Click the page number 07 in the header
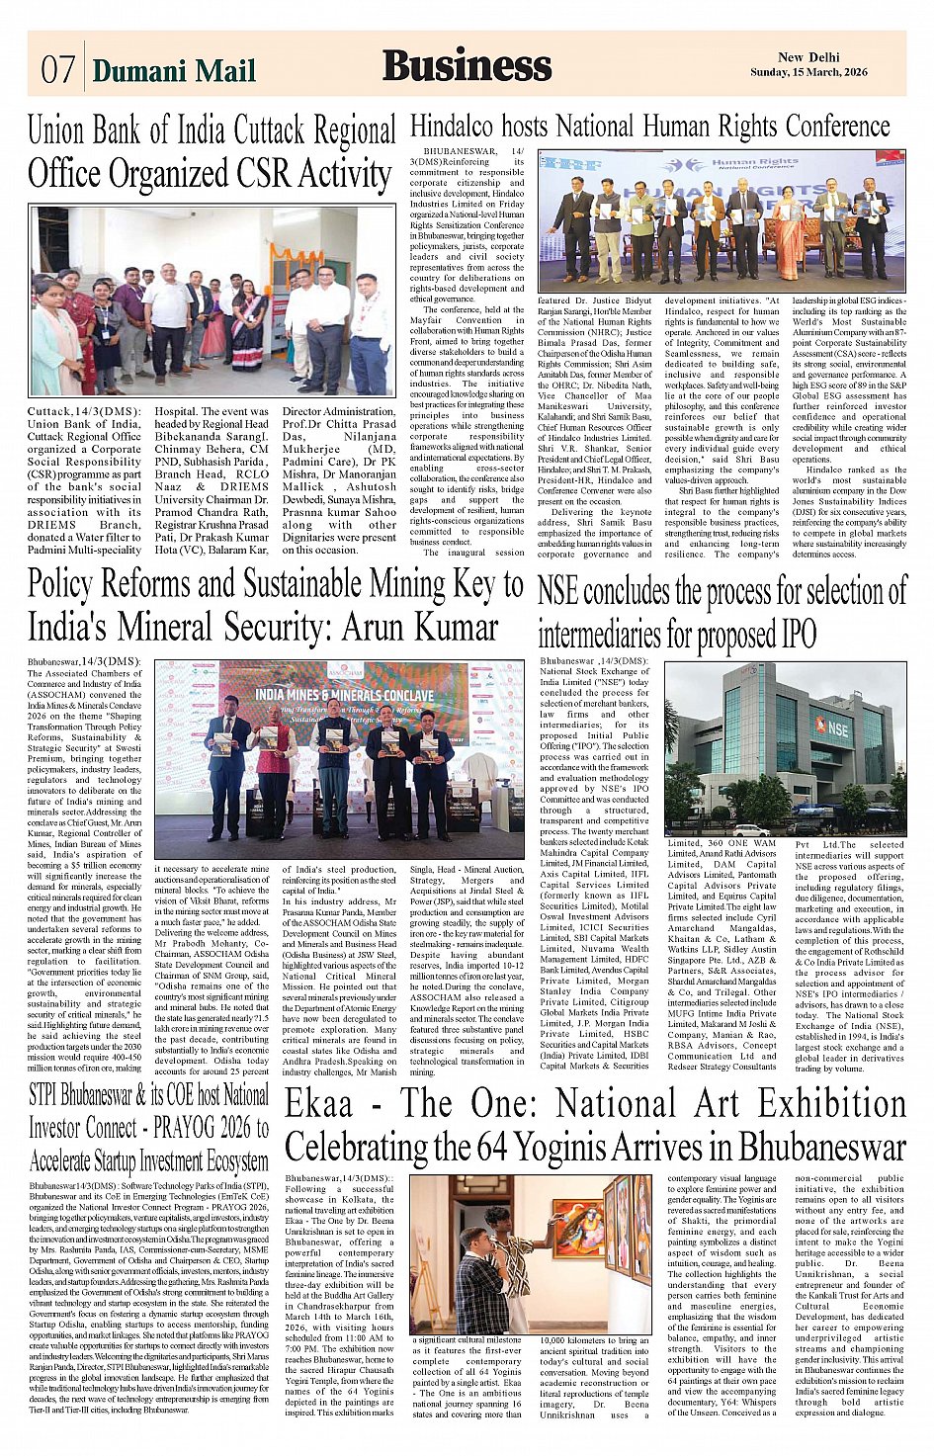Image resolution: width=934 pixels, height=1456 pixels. click(58, 69)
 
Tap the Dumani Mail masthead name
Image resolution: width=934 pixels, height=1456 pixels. click(174, 70)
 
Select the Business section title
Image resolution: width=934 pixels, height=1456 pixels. click(467, 65)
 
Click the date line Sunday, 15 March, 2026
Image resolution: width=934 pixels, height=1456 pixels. click(808, 72)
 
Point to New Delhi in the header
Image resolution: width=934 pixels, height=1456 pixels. click(808, 57)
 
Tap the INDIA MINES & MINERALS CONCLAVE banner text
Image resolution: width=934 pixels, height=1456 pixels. click(345, 694)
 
